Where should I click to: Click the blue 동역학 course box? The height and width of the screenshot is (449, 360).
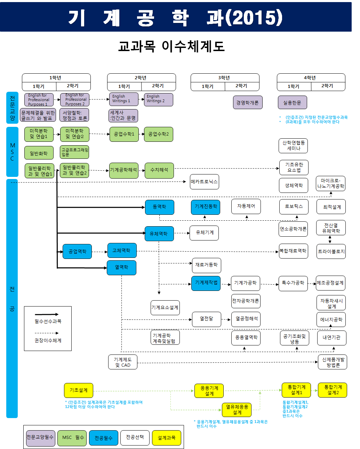pos(159,207)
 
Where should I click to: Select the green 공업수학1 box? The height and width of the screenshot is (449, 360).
pos(124,134)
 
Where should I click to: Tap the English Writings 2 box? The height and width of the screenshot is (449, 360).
pos(158,99)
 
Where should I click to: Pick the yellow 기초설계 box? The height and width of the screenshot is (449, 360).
pos(79,390)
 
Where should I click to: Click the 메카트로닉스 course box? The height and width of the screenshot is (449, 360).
pos(205,182)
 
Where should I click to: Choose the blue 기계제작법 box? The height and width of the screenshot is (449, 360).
pos(206,283)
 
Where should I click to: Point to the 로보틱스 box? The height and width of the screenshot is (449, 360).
pos(294,206)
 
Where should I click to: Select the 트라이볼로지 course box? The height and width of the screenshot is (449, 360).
pos(331,251)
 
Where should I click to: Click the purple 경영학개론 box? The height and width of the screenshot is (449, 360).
pos(247,103)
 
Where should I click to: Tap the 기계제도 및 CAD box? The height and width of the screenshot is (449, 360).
pos(122,362)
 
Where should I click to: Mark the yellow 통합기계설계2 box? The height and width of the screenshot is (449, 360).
pos(333,390)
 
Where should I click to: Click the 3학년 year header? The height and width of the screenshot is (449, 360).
pos(225,77)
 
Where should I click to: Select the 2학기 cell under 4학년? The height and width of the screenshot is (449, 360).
pos(327,86)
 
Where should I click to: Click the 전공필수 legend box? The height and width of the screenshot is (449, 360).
pos(103,438)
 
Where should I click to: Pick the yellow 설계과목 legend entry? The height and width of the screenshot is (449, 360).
pos(166,438)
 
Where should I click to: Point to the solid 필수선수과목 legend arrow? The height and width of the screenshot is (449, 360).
pos(47,314)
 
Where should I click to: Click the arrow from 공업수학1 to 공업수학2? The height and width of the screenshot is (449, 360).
pos(141,134)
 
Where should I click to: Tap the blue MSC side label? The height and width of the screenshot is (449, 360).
pos(12,152)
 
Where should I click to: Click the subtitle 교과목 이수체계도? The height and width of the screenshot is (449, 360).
pos(171,46)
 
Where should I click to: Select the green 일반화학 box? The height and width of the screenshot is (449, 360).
pos(39,153)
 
